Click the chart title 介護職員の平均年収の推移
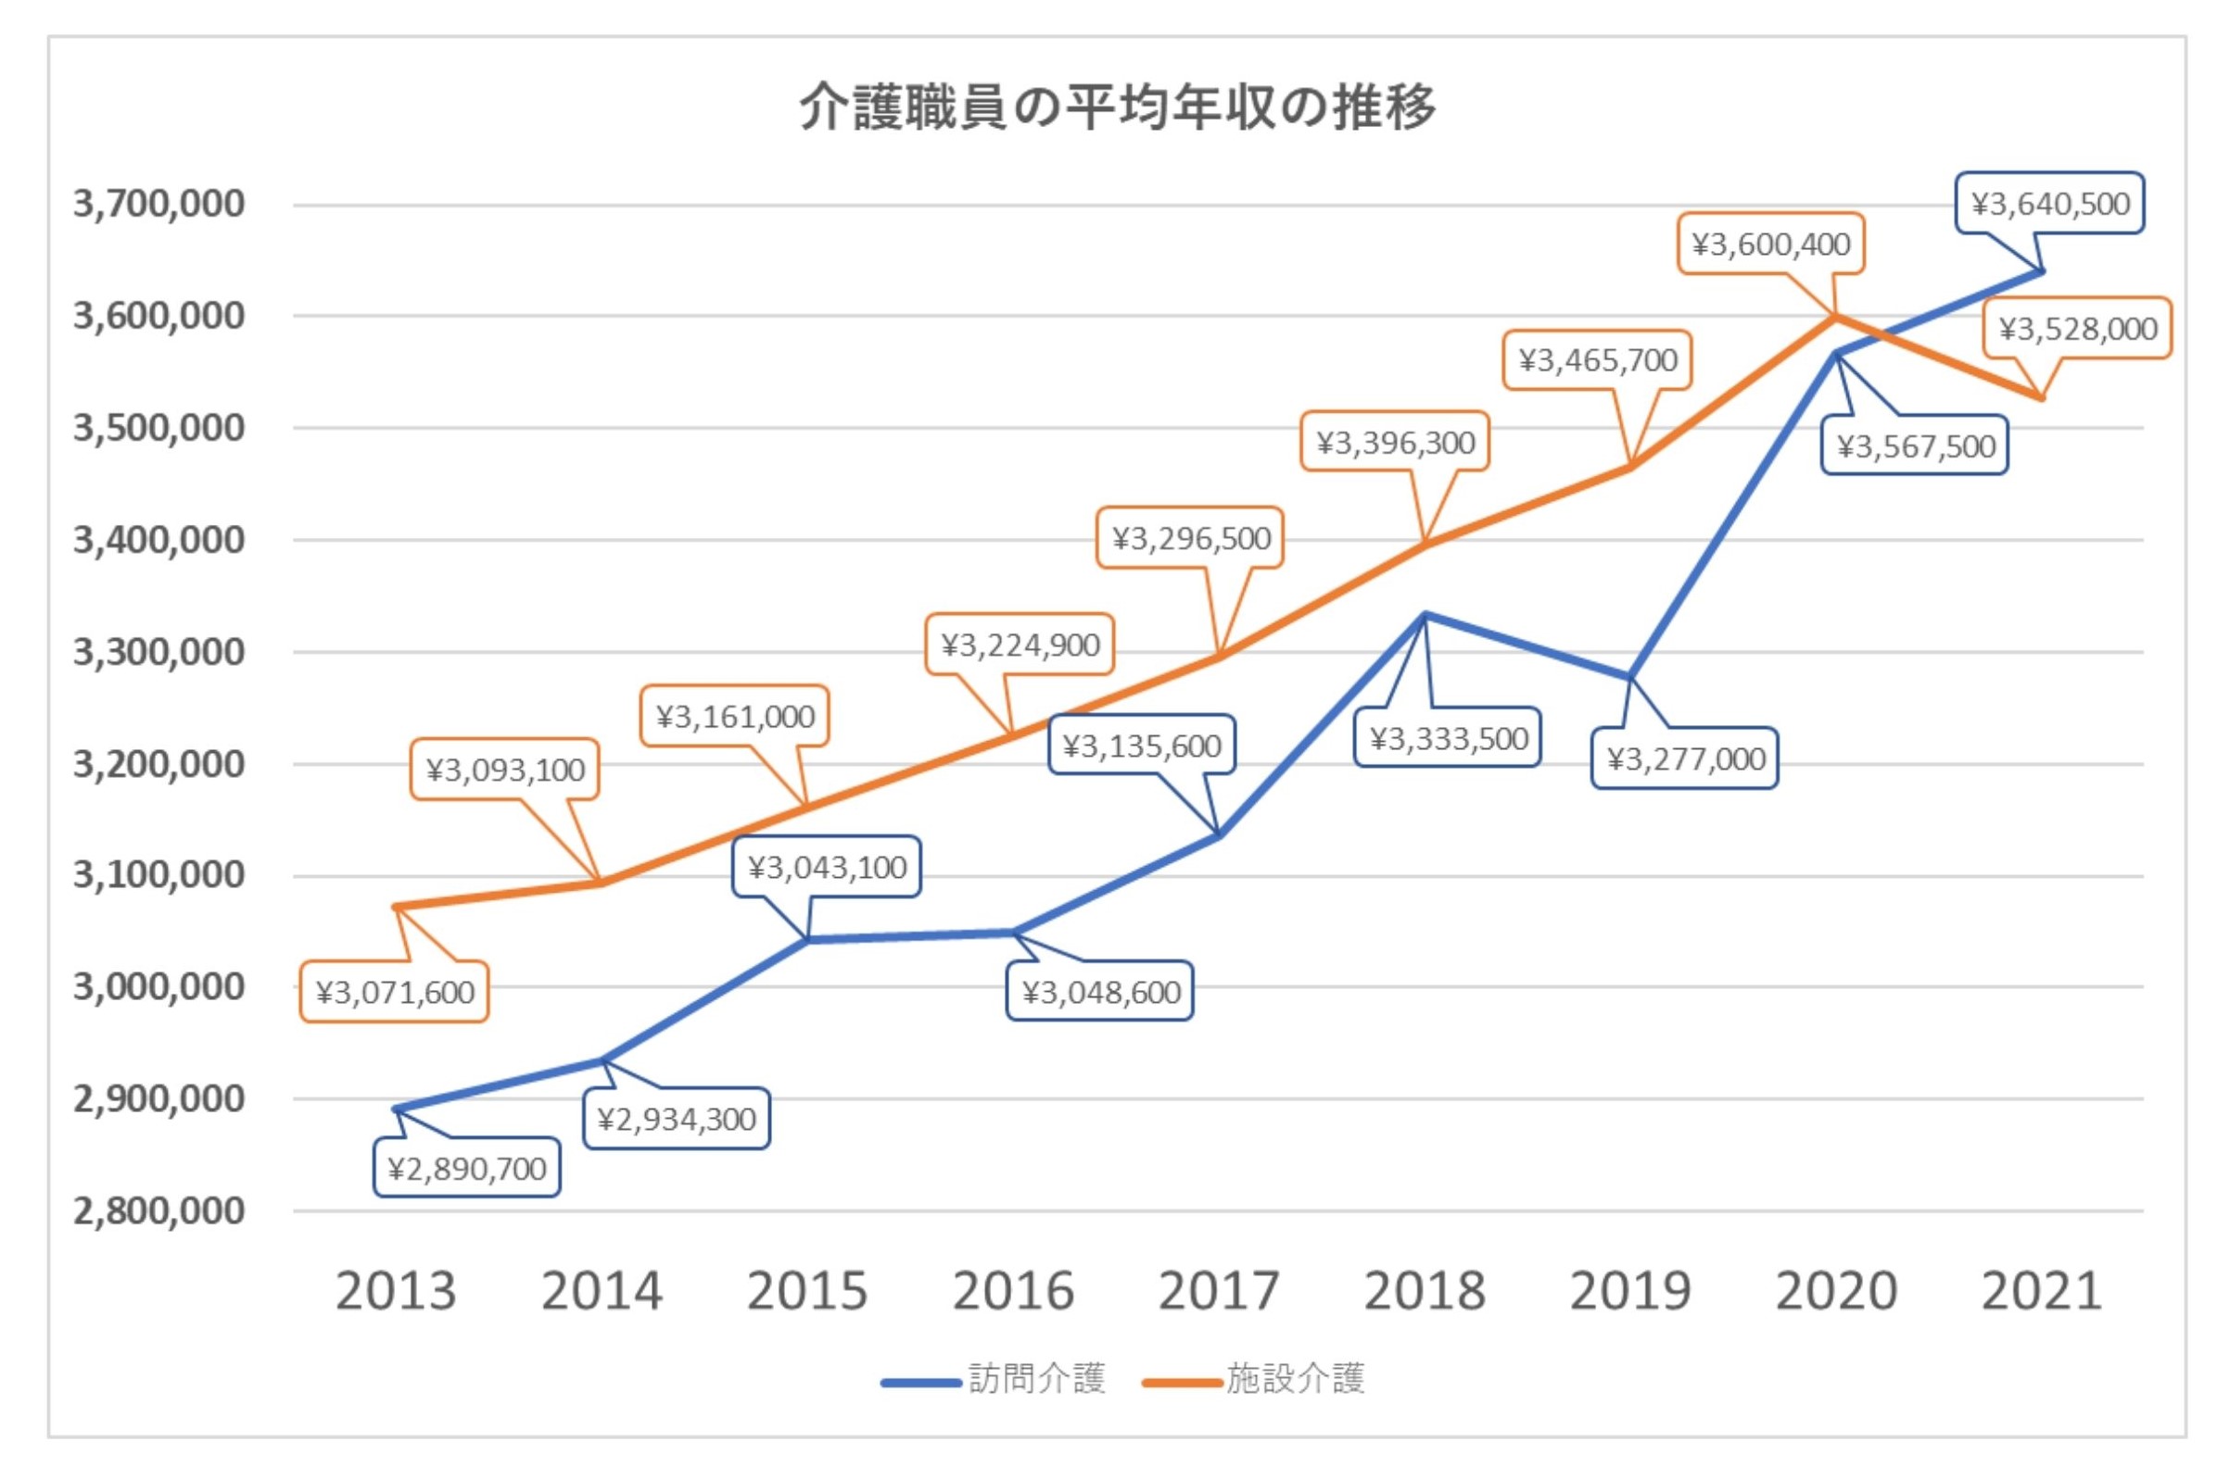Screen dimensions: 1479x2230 [x=1118, y=107]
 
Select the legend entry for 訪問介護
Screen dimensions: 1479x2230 [x=993, y=1379]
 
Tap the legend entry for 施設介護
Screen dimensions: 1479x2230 [x=1254, y=1379]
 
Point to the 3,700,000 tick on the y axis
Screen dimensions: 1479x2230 [x=158, y=204]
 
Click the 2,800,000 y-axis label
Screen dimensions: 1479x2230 [x=158, y=1210]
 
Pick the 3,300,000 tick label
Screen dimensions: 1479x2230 [x=158, y=652]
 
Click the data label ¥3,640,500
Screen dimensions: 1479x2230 [x=2050, y=204]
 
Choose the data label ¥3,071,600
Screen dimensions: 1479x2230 [x=395, y=992]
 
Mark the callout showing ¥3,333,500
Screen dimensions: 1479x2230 [x=1448, y=738]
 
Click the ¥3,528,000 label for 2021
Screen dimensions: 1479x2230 [x=2077, y=329]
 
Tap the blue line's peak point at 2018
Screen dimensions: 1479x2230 [x=1424, y=615]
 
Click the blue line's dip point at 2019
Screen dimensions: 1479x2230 [x=1629, y=677]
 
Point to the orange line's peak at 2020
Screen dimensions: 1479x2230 [x=1835, y=316]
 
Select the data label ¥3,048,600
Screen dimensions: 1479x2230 [x=1100, y=992]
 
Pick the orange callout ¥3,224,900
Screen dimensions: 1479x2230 [x=1020, y=645]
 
